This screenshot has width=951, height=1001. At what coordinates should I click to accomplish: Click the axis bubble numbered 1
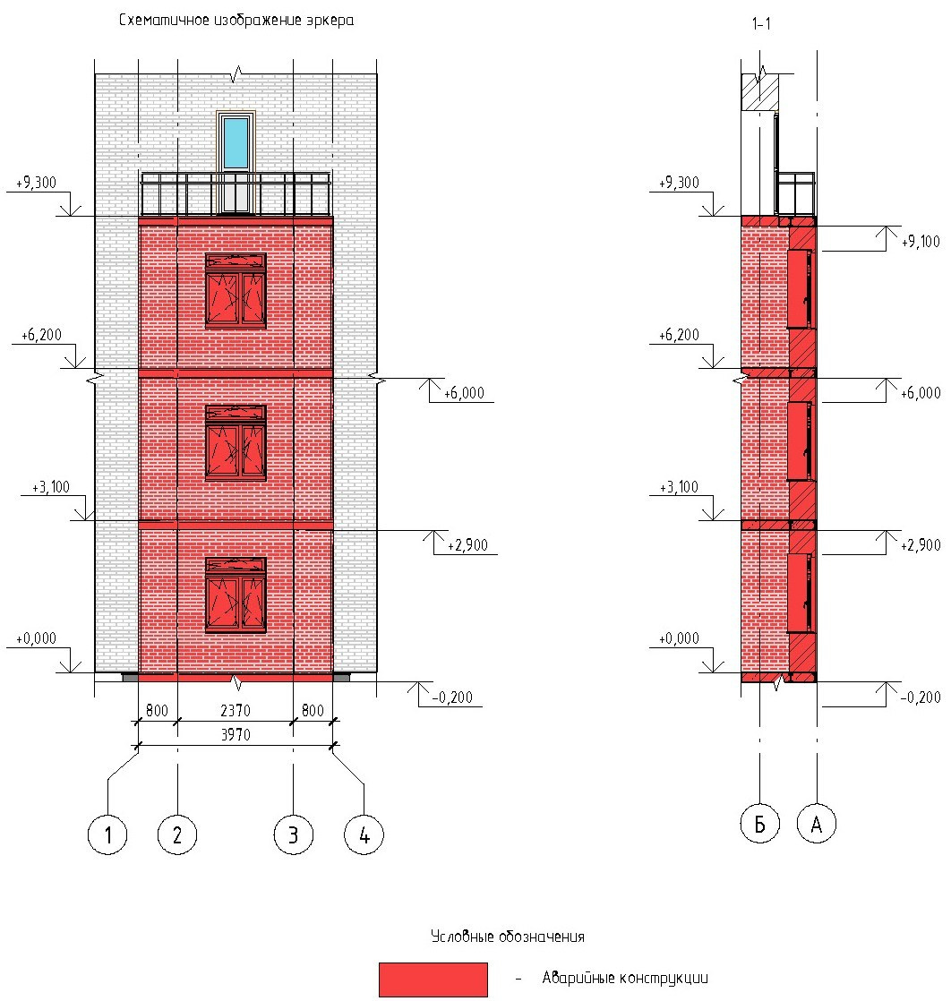coord(107,834)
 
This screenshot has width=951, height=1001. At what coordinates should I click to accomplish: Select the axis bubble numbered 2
coord(177,834)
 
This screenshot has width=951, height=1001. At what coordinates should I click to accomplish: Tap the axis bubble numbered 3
coord(293,834)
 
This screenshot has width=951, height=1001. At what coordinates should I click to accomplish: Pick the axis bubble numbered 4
coord(364,834)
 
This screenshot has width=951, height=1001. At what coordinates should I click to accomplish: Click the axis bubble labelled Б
coord(759,824)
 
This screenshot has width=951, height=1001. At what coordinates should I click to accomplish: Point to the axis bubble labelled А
coord(817,824)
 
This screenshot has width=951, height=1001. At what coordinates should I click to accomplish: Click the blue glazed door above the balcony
coord(236,162)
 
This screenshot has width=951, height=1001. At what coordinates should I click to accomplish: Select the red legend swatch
coord(433,980)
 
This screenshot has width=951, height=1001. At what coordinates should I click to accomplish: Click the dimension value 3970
coord(236,735)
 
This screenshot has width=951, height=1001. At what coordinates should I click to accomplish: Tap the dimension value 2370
coord(236,711)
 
